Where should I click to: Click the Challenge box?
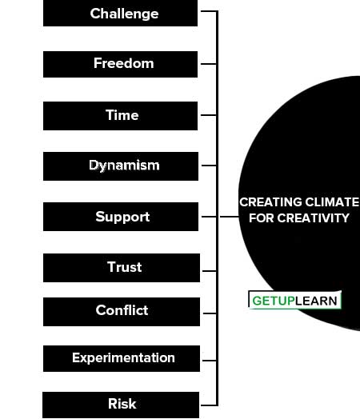point(120,13)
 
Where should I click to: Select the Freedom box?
point(120,65)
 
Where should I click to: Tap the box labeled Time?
point(120,116)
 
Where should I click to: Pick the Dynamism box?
point(121,166)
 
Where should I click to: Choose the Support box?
point(121,217)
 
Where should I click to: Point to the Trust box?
point(122,268)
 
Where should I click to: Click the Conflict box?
point(122,312)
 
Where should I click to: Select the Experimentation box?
point(122,358)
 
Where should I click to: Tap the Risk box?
point(121,405)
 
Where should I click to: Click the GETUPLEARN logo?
point(294,300)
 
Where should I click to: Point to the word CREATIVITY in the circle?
point(314,218)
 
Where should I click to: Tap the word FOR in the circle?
point(262,218)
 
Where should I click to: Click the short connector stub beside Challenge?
point(209,11)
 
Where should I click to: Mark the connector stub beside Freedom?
point(209,64)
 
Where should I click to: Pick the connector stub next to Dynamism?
point(210,166)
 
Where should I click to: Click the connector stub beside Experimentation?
point(210,361)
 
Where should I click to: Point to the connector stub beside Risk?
point(209,405)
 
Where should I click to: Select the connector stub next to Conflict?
point(210,313)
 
